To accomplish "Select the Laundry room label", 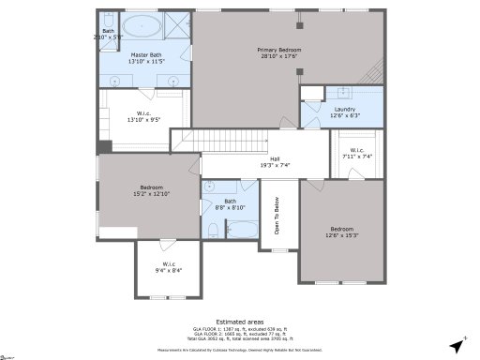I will tap(343, 112).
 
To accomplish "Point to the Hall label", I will tap(275, 161).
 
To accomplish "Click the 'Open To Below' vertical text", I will tap(277, 215).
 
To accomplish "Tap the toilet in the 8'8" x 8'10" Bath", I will tap(213, 230).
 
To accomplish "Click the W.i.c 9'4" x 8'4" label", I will tap(169, 267).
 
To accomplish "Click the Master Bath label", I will tap(145, 58).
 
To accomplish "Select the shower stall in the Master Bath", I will tap(176, 26).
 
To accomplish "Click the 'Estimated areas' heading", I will tap(239, 321).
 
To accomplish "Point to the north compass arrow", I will tap(457, 347).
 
